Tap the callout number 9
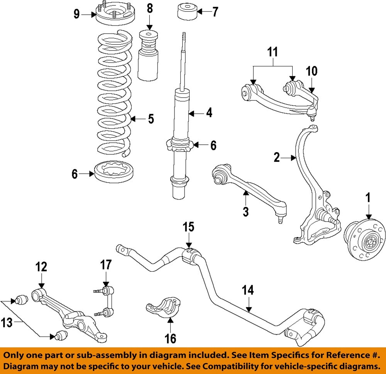77,15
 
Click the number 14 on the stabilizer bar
249,290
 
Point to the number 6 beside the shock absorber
213,145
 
